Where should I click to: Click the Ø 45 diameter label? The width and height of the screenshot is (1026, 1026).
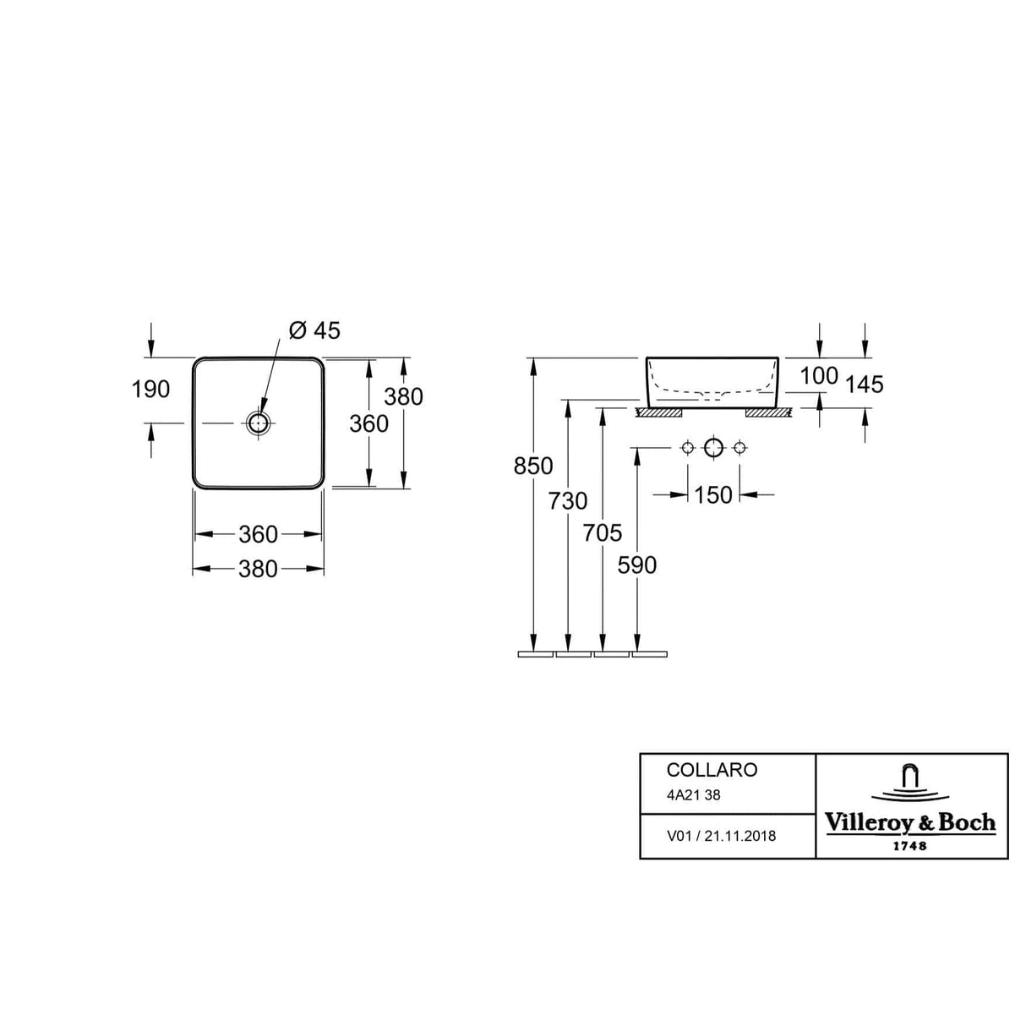pyautogui.click(x=314, y=331)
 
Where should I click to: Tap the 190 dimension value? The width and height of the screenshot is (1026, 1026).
pyautogui.click(x=150, y=390)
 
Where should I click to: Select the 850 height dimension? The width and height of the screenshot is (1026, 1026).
pyautogui.click(x=533, y=467)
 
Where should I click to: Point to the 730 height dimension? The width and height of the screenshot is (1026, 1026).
pyautogui.click(x=568, y=501)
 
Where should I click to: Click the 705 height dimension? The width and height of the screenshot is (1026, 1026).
pyautogui.click(x=603, y=533)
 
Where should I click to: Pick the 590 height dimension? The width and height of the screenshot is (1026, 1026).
pyautogui.click(x=636, y=565)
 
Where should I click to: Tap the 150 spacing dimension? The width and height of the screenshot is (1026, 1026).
pyautogui.click(x=713, y=495)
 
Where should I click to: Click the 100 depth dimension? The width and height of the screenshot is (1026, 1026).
pyautogui.click(x=819, y=376)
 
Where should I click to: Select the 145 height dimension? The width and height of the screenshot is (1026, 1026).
pyautogui.click(x=865, y=385)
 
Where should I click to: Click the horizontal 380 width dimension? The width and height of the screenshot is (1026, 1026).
pyautogui.click(x=259, y=570)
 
